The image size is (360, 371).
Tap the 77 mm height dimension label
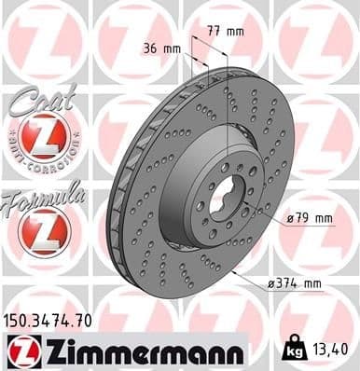point(227,31)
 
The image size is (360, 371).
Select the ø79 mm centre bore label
point(311,218)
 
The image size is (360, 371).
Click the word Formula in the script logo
point(45,195)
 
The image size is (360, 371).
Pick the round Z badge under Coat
point(41,139)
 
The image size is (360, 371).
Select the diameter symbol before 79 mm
point(289,218)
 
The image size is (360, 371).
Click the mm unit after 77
point(235,31)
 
